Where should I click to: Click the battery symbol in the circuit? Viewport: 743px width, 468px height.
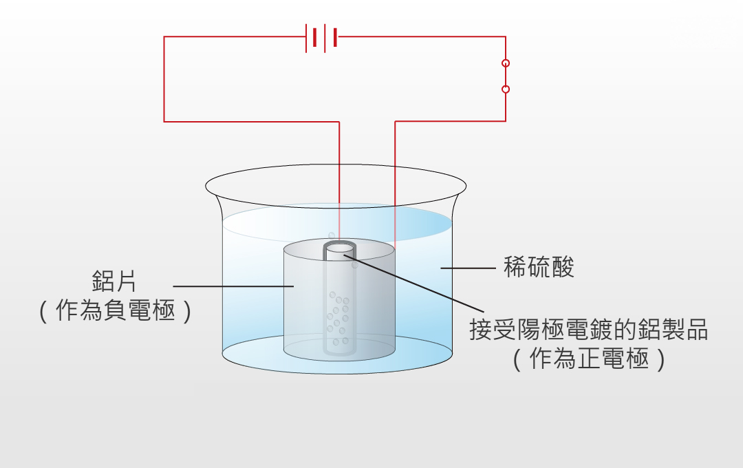click(x=322, y=38)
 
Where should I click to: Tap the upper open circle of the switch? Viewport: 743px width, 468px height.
click(x=506, y=63)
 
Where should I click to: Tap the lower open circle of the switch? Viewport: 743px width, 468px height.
click(x=506, y=89)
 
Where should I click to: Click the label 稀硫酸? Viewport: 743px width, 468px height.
click(x=539, y=267)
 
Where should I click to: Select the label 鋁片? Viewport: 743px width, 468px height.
click(x=114, y=281)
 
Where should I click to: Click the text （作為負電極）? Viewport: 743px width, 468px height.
click(x=115, y=310)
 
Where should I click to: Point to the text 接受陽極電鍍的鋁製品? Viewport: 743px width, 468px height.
click(x=588, y=329)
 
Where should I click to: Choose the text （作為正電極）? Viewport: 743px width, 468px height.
click(x=589, y=359)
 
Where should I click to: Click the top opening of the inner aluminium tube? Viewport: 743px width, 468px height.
click(x=339, y=248)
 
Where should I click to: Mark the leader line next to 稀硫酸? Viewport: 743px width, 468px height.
click(x=469, y=268)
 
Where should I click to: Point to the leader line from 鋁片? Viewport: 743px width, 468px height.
click(x=233, y=286)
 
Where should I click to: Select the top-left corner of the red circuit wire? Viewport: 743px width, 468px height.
click(x=164, y=37)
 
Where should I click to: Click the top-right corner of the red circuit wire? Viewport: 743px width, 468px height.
click(x=506, y=37)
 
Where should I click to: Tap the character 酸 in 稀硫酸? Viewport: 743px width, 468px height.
click(x=563, y=267)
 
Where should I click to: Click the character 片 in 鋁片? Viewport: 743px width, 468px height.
click(x=126, y=281)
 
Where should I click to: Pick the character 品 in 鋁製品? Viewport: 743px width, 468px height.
click(x=696, y=329)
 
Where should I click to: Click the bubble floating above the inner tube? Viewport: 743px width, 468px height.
click(x=332, y=235)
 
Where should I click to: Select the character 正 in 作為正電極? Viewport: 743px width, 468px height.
click(x=588, y=359)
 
